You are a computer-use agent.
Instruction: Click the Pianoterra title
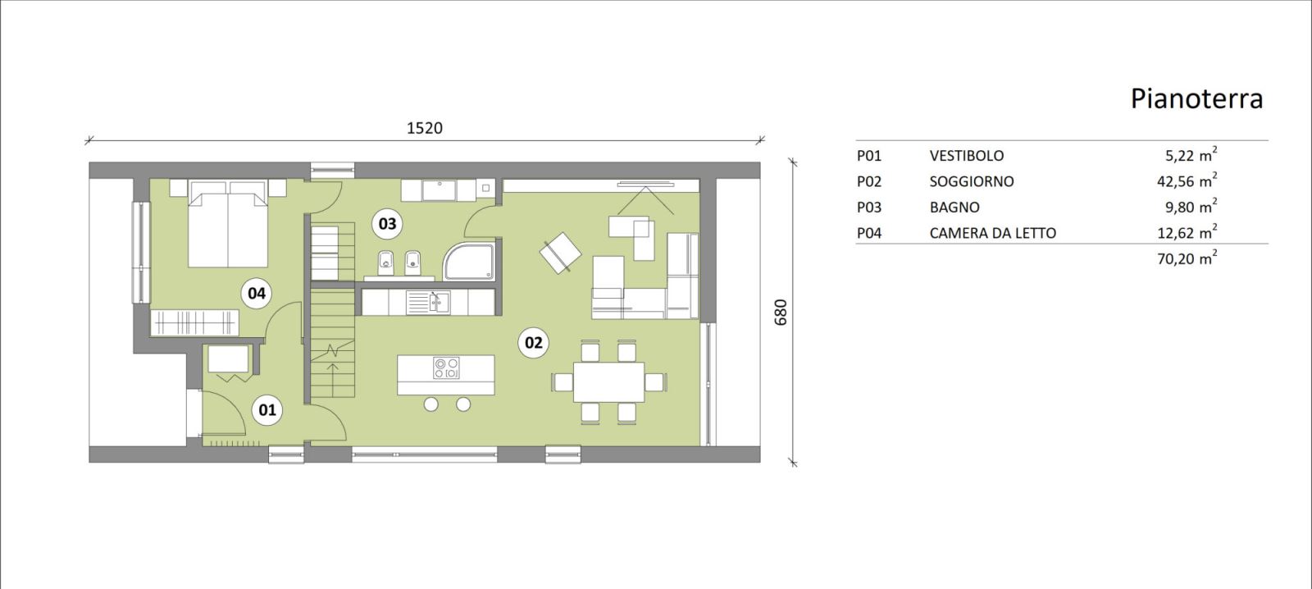1196,98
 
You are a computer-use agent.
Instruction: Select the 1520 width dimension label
425,128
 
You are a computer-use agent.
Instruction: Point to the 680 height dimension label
781,313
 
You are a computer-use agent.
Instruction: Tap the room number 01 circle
267,409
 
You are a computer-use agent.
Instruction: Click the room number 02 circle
533,342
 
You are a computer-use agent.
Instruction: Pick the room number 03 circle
387,223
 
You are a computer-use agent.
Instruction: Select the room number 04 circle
257,293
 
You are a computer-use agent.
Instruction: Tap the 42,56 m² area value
1187,180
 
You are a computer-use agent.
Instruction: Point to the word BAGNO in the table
954,208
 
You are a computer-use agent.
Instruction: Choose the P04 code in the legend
869,233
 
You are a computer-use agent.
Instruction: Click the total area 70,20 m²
1187,258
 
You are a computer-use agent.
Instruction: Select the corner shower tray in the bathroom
468,262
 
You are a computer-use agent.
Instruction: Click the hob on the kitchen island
446,368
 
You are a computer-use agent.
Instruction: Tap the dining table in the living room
608,382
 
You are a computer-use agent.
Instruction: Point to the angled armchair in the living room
561,253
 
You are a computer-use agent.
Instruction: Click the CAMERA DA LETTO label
993,233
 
